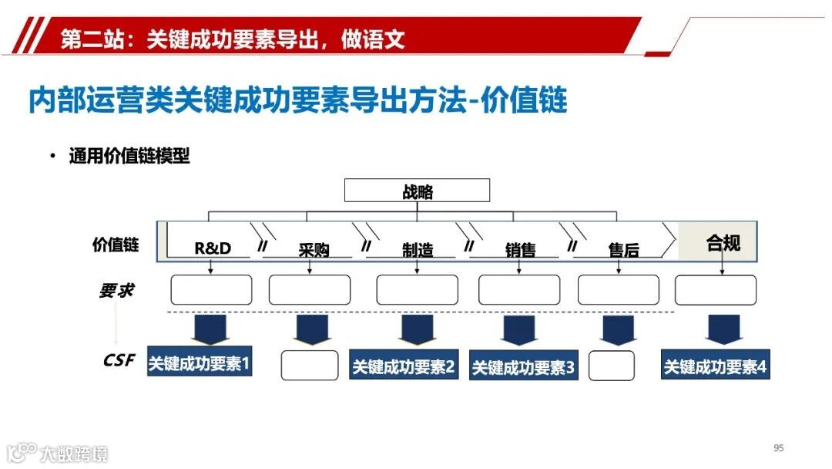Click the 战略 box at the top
point(417,191)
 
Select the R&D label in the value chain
point(213,248)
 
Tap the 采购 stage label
point(314,250)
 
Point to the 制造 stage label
point(418,250)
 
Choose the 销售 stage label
point(521,250)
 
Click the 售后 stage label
point(623,250)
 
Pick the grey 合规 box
point(723,243)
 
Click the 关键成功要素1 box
point(200,363)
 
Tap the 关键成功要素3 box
point(523,368)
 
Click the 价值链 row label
point(116,245)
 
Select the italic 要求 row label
point(116,291)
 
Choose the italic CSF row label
point(118,360)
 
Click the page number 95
point(778,448)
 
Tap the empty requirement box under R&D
point(211,290)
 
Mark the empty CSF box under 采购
point(309,366)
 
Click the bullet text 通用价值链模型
point(129,157)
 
